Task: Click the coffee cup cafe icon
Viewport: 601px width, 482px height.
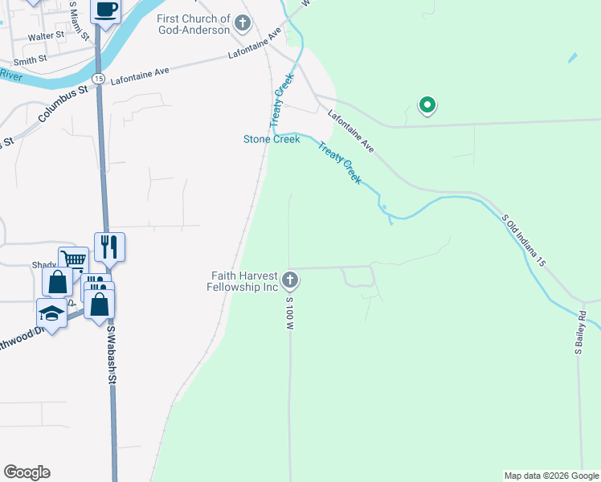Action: (x=106, y=10)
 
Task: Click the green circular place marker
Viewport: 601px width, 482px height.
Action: (x=427, y=104)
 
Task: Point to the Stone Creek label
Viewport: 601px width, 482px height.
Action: (x=272, y=139)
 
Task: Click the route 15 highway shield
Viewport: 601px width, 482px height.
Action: (x=97, y=78)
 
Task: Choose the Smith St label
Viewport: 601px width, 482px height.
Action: (x=31, y=60)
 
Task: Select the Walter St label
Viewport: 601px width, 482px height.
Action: (x=46, y=37)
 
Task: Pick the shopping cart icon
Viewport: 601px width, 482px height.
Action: (x=72, y=259)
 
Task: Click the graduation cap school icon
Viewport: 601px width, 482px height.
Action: (x=51, y=313)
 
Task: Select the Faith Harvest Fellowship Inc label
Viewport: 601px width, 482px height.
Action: (x=242, y=281)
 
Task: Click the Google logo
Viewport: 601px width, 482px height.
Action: (x=27, y=472)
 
